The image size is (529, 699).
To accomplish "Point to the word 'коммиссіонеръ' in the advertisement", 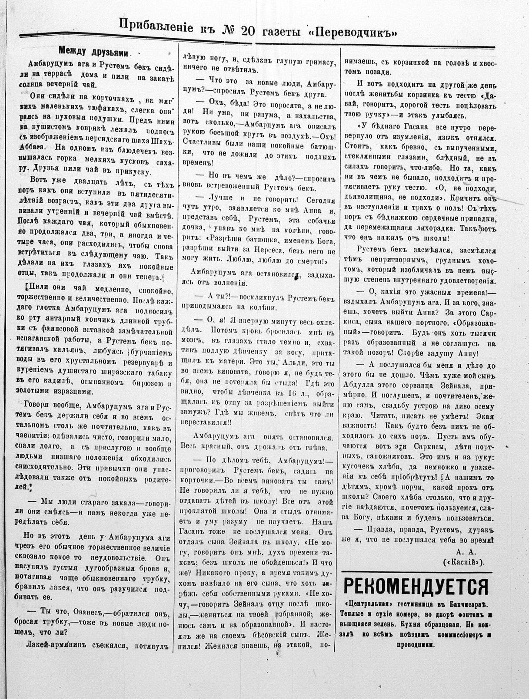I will click(x=462, y=635).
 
